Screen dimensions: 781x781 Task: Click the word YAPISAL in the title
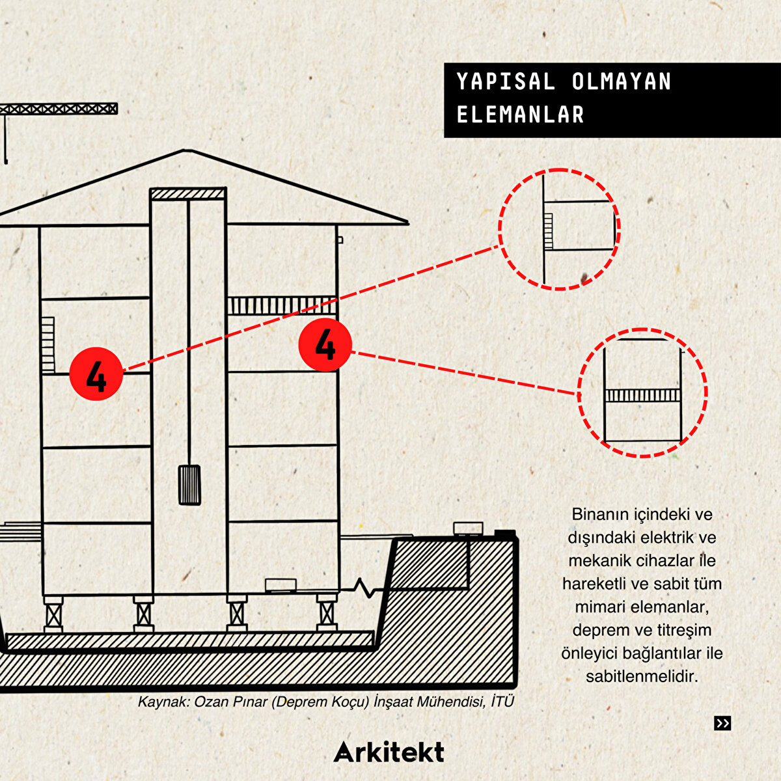point(506,81)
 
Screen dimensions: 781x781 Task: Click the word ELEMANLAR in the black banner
point(521,115)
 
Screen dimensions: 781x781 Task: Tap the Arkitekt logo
point(389,752)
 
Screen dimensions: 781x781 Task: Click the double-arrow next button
point(722,723)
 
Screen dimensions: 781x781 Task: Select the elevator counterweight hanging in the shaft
point(189,485)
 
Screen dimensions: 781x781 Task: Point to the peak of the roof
point(186,150)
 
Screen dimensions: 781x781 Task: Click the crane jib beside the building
point(59,109)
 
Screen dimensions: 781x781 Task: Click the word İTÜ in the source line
point(502,701)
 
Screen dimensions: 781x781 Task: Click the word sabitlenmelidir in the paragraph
point(642,676)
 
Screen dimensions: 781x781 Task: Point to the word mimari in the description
point(598,607)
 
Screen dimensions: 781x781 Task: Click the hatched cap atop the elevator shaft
point(187,194)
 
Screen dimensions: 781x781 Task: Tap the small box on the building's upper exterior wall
point(340,240)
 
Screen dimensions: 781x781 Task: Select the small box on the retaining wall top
point(468,528)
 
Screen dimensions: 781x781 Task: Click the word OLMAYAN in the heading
point(622,81)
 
